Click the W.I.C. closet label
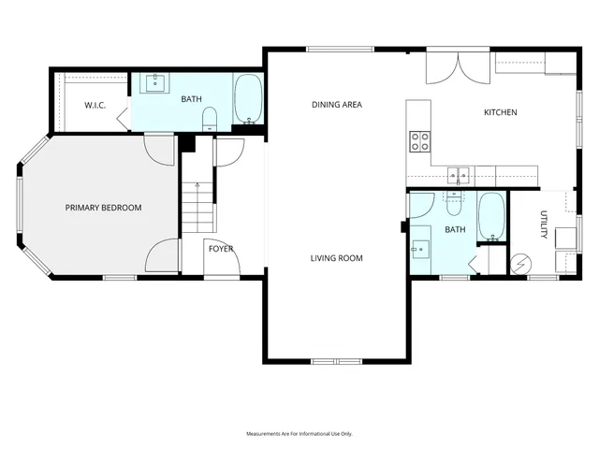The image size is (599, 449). (x=95, y=106)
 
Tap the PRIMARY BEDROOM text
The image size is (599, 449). (x=103, y=208)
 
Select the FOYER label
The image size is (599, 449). (x=221, y=249)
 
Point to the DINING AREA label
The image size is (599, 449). (x=337, y=105)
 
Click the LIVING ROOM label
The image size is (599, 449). (x=337, y=258)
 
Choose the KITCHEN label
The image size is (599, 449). (x=500, y=112)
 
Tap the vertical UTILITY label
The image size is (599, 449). (x=543, y=224)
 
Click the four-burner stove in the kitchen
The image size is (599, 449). (x=420, y=141)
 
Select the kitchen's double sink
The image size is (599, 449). (x=459, y=174)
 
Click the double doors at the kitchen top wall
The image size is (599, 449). (x=459, y=67)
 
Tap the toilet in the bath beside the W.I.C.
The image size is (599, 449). (x=210, y=118)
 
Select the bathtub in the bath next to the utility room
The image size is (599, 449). (x=491, y=216)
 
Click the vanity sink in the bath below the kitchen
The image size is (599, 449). (x=418, y=248)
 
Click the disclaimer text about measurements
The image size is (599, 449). (x=299, y=434)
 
